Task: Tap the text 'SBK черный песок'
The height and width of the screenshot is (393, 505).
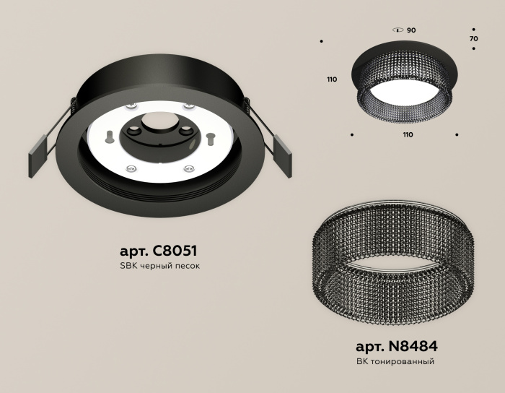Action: tap(158, 266)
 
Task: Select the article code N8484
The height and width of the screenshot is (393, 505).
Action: tap(396, 345)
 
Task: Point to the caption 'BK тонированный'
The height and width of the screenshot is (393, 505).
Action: tap(396, 360)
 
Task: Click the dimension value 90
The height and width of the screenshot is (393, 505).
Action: tap(411, 31)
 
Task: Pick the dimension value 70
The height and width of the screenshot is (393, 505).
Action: tap(473, 38)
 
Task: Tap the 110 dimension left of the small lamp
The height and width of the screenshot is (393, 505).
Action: tap(332, 79)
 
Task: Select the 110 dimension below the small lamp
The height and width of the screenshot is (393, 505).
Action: tap(408, 135)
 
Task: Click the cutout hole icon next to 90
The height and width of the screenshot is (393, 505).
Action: tap(397, 31)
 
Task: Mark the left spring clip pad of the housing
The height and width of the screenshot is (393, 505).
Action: tap(38, 155)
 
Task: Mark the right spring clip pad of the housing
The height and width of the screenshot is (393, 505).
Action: tap(284, 155)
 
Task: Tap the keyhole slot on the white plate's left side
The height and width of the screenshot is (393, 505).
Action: tap(109, 135)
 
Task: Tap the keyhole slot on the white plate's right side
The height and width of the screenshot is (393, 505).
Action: tap(210, 135)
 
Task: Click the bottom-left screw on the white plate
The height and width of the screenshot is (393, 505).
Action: tap(131, 168)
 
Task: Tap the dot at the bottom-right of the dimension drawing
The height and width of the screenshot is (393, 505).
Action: tap(457, 134)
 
